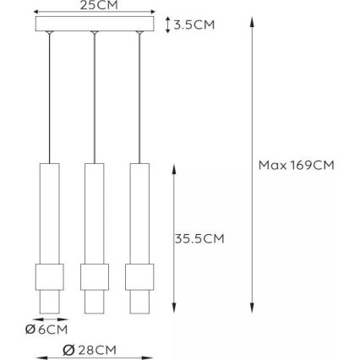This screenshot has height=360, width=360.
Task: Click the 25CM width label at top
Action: (94, 4)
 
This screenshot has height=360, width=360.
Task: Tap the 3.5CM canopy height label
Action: (194, 25)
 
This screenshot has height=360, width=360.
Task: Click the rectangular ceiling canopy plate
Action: (94, 25)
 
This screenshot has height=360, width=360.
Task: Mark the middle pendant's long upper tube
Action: (95, 211)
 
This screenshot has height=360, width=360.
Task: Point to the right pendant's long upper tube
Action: (139, 211)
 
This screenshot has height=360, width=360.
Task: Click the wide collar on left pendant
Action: (50, 277)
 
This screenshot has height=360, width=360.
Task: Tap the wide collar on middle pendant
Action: (95, 277)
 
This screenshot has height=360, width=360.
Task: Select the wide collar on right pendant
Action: (139, 277)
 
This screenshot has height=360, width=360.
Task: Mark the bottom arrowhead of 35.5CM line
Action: (173, 307)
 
